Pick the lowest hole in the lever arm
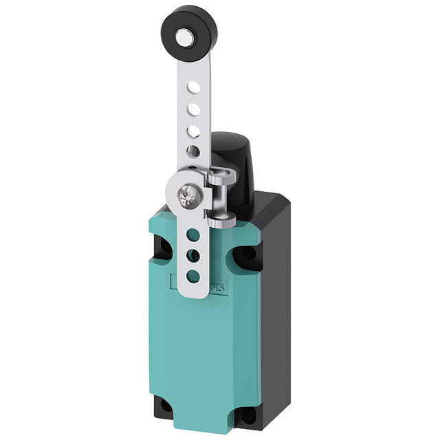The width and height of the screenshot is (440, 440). [194, 276]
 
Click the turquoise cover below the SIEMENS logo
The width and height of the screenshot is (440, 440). [199, 351]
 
